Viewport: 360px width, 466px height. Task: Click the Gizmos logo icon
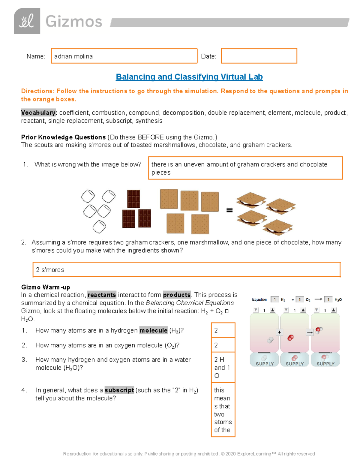pos(27,21)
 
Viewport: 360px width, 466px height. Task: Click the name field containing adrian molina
pos(124,56)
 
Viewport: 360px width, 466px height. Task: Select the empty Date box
pos(259,56)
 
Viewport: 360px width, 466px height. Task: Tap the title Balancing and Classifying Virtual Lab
pos(189,77)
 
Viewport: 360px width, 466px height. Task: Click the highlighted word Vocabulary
pos(39,113)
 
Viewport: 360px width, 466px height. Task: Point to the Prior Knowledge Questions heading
pos(63,137)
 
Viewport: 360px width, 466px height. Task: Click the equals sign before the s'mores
pos(229,210)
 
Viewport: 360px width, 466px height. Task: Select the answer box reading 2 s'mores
pos(186,270)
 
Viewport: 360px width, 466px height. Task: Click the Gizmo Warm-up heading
pos(46,287)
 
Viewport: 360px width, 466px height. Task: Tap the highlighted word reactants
pos(102,295)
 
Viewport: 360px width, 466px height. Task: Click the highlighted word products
pos(177,295)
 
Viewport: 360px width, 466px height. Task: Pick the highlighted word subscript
pos(119,390)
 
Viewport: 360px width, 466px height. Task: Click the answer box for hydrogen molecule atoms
pos(223,330)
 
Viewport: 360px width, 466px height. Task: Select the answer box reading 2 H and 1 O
pos(223,367)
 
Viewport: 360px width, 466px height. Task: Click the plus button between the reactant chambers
pos(279,332)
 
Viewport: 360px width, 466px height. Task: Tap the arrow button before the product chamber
pos(310,332)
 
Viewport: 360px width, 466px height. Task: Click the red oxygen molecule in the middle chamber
pos(290,338)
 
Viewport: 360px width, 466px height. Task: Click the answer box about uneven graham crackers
pos(245,168)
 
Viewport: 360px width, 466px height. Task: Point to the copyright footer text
pos(189,454)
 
